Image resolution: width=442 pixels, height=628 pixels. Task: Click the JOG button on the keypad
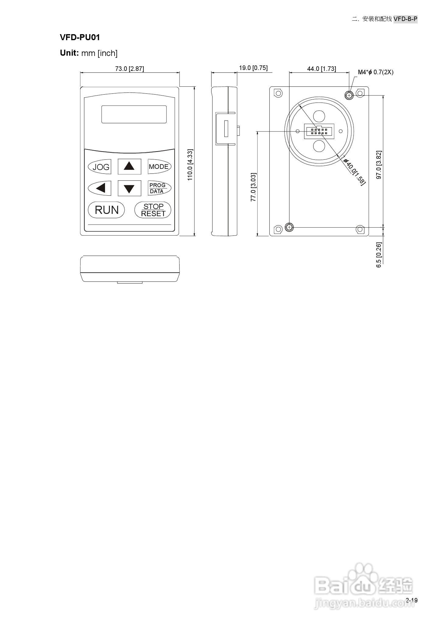[x=100, y=167]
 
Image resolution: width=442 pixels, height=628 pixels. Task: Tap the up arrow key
[x=129, y=166]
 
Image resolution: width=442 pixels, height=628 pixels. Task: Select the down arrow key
[x=129, y=188]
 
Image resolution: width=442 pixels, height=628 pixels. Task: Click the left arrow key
[x=100, y=188]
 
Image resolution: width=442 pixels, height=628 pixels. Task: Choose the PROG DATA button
[x=159, y=188]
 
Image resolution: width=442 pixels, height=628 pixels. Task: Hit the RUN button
[x=106, y=210]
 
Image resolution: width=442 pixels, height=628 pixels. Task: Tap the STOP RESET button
[x=153, y=210]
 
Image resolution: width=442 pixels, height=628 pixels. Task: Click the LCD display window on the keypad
[x=134, y=114]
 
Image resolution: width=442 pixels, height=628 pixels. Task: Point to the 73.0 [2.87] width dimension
[x=129, y=69]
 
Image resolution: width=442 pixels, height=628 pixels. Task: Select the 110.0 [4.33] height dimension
[x=190, y=165]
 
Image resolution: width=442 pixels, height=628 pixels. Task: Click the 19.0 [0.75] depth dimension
[x=253, y=68]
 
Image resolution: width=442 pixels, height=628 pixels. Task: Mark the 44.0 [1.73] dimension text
[x=321, y=69]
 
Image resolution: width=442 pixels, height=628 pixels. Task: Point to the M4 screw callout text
[x=375, y=72]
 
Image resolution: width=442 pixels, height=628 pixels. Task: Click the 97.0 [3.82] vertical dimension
[x=379, y=165]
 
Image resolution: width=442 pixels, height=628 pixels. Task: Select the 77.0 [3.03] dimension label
[x=253, y=187]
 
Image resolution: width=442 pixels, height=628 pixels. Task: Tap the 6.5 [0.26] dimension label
[x=379, y=255]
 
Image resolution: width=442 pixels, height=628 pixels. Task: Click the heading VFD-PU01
[x=80, y=37]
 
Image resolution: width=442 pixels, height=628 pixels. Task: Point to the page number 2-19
[x=412, y=600]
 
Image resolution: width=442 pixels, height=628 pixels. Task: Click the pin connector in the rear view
[x=319, y=132]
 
